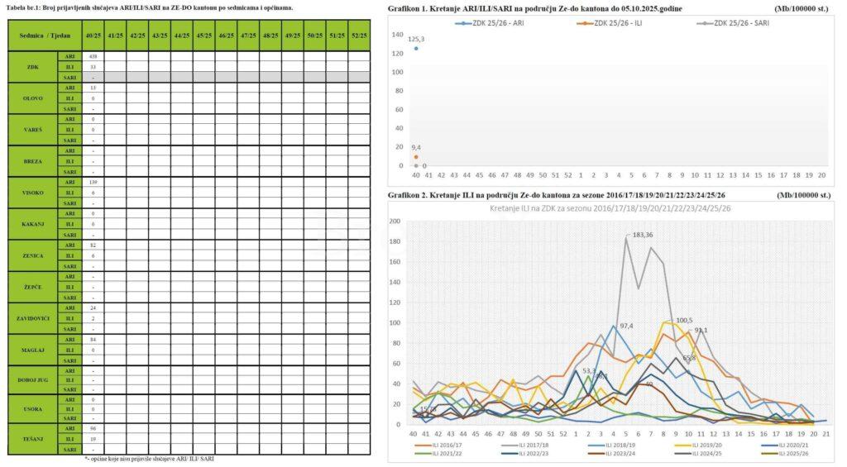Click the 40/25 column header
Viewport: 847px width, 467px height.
click(x=93, y=36)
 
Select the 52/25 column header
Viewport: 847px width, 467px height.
click(x=359, y=36)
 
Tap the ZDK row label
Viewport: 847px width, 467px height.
click(x=33, y=66)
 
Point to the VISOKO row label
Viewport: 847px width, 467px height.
click(x=33, y=193)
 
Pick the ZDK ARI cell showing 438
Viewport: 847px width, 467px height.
click(x=93, y=56)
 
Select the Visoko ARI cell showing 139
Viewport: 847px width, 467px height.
click(x=93, y=182)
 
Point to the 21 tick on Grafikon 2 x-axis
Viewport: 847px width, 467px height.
click(x=825, y=433)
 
